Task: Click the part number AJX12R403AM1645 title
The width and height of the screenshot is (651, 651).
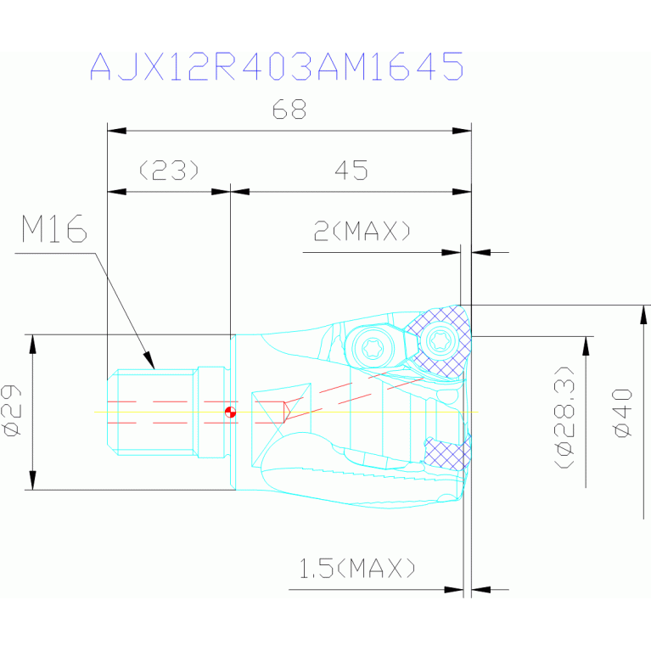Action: [x=277, y=66]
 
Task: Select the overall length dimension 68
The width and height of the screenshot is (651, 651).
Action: [x=289, y=109]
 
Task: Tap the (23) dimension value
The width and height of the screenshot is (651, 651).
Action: [x=169, y=170]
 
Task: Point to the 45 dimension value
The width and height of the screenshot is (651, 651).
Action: [x=351, y=171]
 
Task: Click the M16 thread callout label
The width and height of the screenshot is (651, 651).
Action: [x=54, y=228]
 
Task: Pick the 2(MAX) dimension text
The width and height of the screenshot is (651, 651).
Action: [x=362, y=231]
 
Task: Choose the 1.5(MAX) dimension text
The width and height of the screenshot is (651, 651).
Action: [x=357, y=568]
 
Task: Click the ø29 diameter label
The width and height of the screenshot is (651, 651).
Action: [x=12, y=411]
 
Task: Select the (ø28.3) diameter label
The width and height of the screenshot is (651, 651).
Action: [x=564, y=418]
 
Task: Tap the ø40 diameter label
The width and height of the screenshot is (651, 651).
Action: [x=623, y=412]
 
